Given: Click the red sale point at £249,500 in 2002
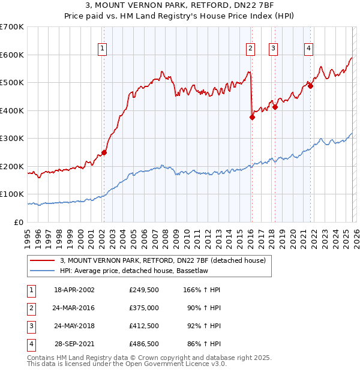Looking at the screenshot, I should pyautogui.click(x=104, y=152).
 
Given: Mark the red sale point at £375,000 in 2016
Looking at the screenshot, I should pyautogui.click(x=252, y=118).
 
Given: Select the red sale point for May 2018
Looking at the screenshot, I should pyautogui.click(x=275, y=107).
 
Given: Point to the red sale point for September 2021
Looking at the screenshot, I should pyautogui.click(x=311, y=86).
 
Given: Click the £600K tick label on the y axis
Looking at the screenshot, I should pyautogui.click(x=12, y=55).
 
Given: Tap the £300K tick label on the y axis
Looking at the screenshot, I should pyautogui.click(x=12, y=139).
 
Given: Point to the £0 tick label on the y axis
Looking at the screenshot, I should pyautogui.click(x=18, y=222).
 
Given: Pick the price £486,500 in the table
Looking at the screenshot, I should pyautogui.click(x=144, y=344).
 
